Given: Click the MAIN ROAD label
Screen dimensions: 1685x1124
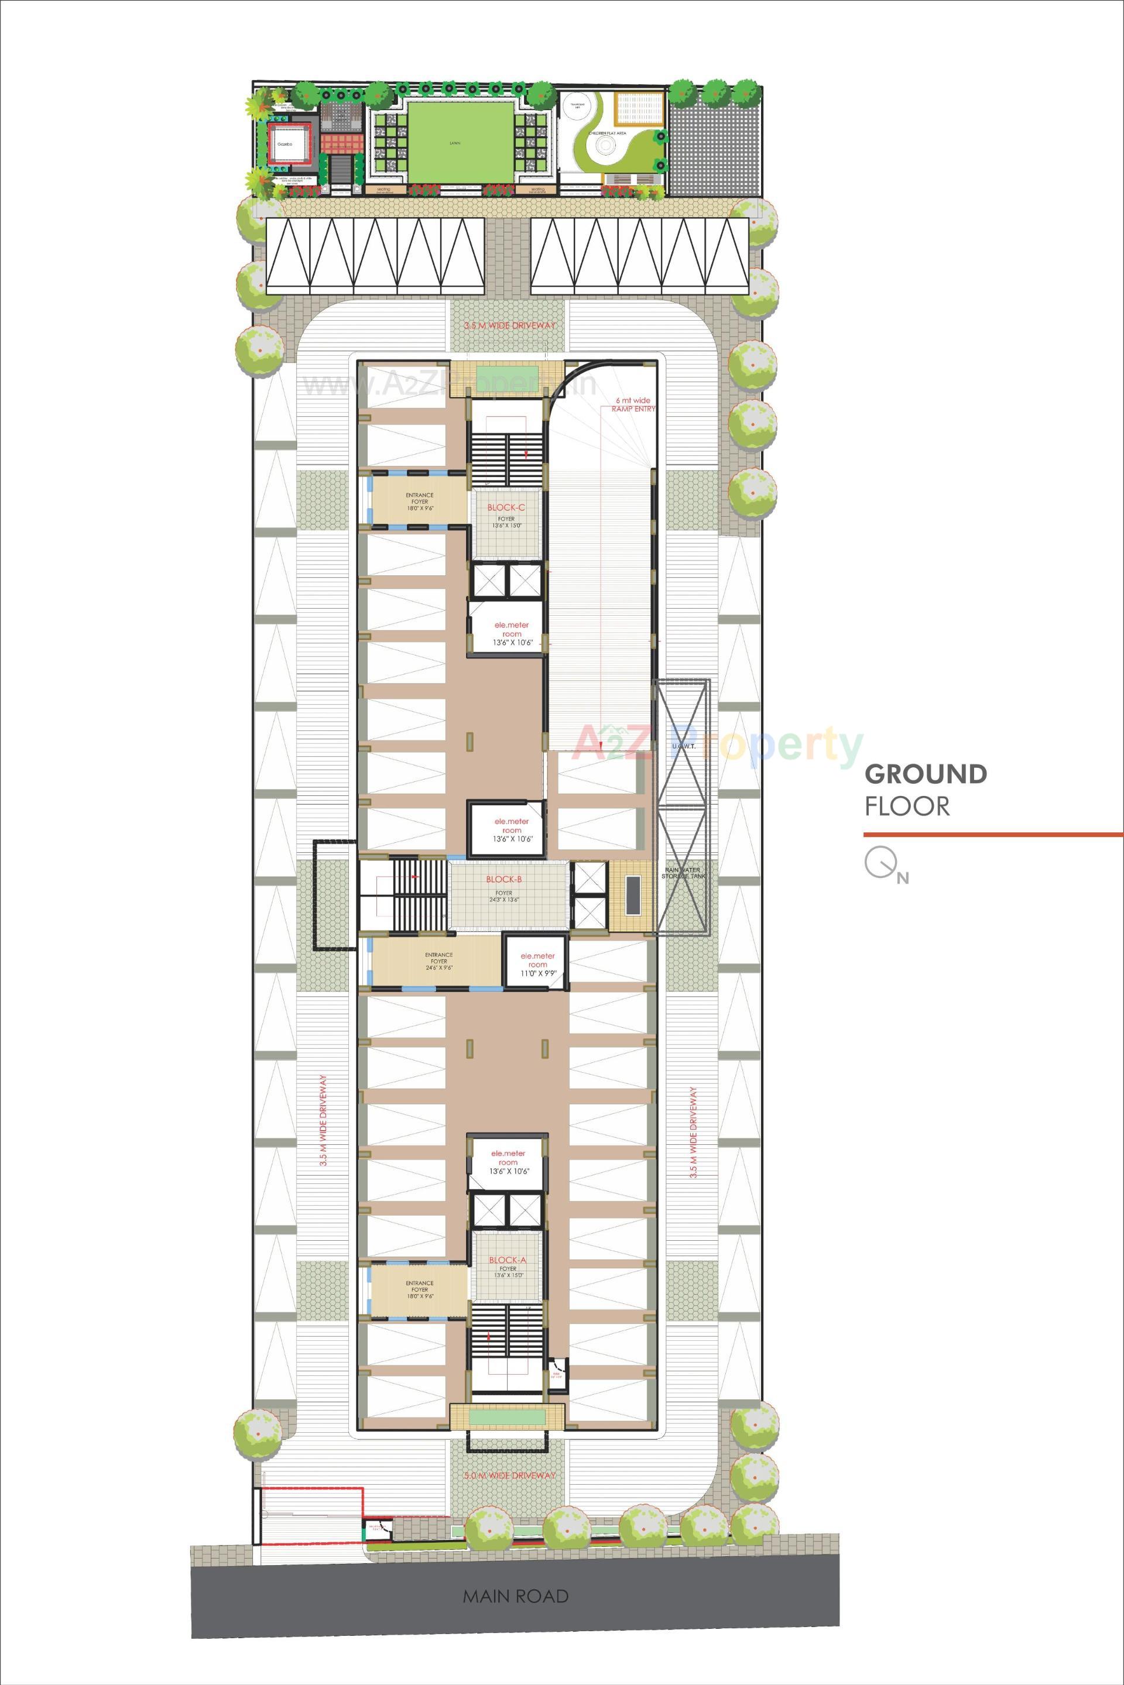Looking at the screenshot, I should tap(515, 1570).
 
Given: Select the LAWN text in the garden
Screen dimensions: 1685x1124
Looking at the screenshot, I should tap(454, 143).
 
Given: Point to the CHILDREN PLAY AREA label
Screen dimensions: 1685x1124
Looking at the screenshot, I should tap(604, 133).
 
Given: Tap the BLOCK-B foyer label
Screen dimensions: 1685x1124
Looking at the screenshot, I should tap(504, 878).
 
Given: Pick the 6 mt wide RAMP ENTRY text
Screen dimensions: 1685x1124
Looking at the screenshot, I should tap(633, 404).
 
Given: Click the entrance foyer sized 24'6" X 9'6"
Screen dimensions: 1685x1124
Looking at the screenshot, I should tap(438, 961).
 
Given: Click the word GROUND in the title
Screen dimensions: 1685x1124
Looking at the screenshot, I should tap(926, 774).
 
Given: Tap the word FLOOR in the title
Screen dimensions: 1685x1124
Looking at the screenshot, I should tap(907, 807).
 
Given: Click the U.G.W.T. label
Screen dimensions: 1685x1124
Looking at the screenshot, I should tap(680, 747).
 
